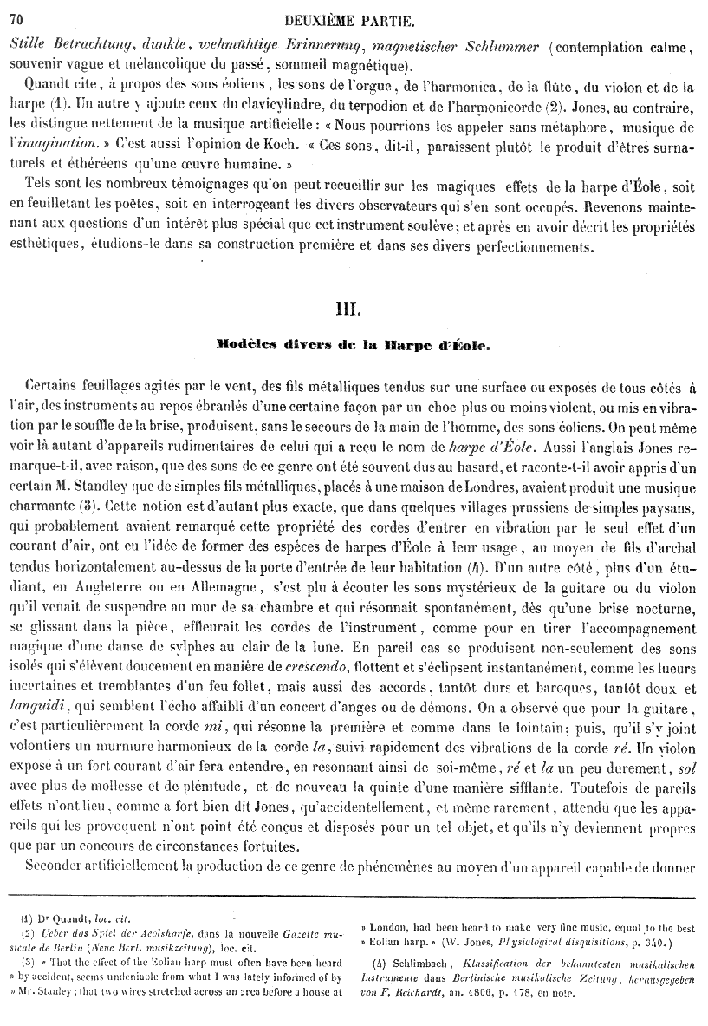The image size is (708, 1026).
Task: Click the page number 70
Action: click(18, 20)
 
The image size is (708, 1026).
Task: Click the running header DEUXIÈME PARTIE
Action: click(365, 20)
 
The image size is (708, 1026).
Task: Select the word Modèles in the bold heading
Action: click(245, 344)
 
